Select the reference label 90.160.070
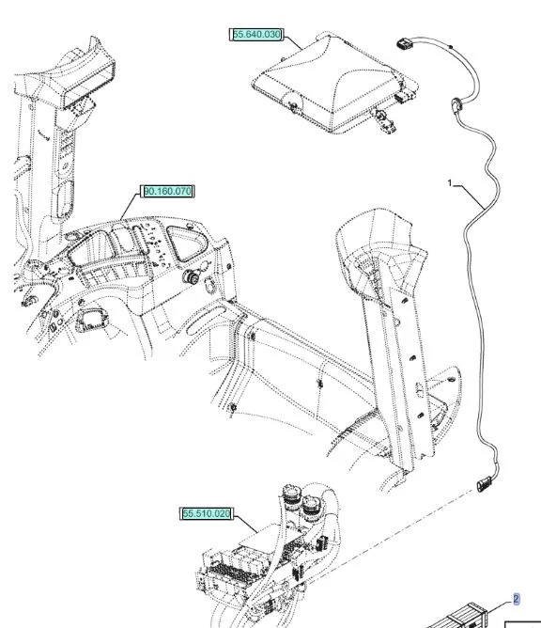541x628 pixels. tap(167, 192)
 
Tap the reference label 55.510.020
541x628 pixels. tap(206, 513)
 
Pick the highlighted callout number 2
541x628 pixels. tap(515, 599)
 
